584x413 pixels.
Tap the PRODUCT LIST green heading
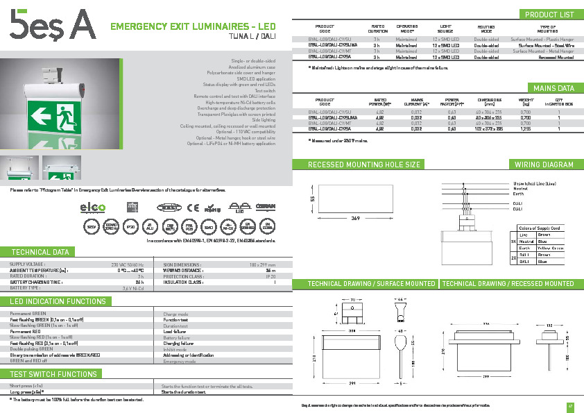pyautogui.click(x=549, y=15)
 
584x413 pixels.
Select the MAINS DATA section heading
pyautogui.click(x=553, y=88)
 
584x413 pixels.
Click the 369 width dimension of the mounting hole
pyautogui.click(x=354, y=218)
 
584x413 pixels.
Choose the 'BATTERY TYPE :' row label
pyautogui.click(x=29, y=287)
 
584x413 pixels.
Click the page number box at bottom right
pyautogui.click(x=570, y=406)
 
